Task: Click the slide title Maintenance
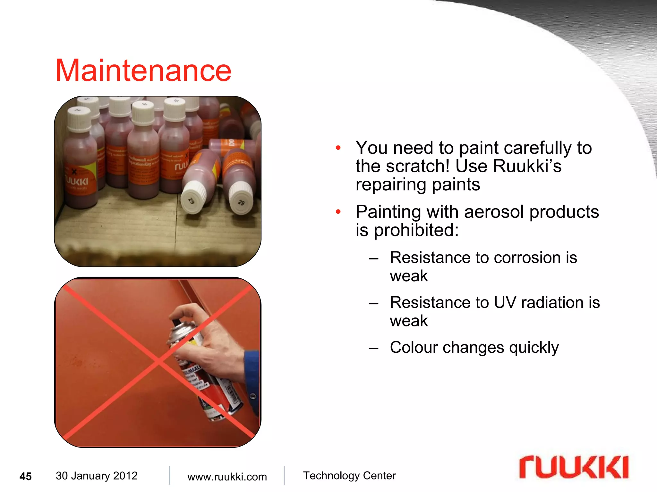click(x=143, y=71)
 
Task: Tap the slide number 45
click(x=26, y=476)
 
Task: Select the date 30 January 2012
click(x=97, y=476)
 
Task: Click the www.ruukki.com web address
click(x=227, y=477)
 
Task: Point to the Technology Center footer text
click(x=349, y=476)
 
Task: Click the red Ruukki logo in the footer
click(x=574, y=467)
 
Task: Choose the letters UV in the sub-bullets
click(x=505, y=302)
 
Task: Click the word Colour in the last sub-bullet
click(x=414, y=347)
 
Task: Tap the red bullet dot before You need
click(x=338, y=148)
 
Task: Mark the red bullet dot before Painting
click(x=338, y=212)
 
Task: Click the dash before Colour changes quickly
click(x=374, y=348)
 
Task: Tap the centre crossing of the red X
click(x=159, y=362)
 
